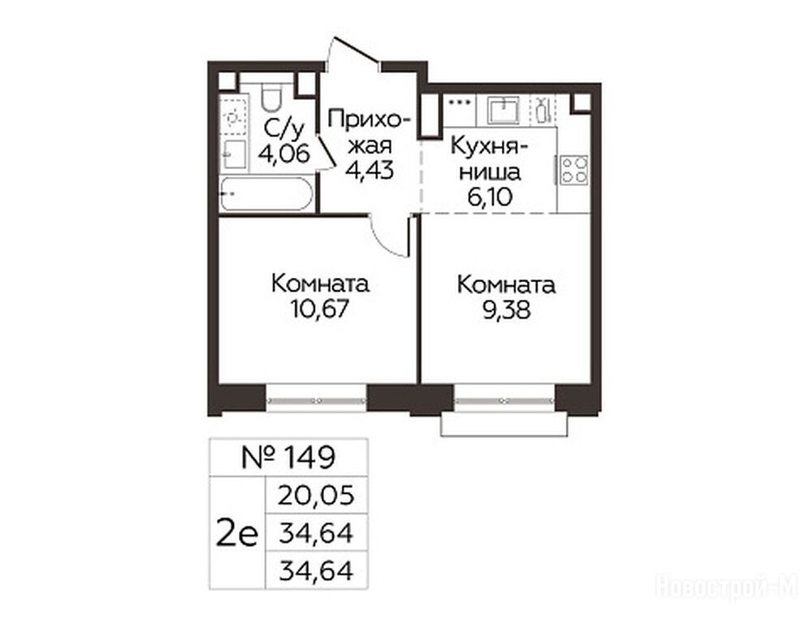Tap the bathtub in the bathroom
click(266, 193)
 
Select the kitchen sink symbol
click(504, 110)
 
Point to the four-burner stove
click(574, 171)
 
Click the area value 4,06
click(285, 154)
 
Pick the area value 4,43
click(370, 169)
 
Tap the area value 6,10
click(490, 197)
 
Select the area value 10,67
click(320, 309)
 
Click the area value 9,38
click(506, 310)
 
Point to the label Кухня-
click(489, 146)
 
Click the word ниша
click(490, 172)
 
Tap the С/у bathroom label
click(283, 128)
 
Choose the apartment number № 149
click(288, 457)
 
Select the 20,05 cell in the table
click(316, 496)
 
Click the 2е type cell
click(237, 534)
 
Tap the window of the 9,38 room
click(504, 401)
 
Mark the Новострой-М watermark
click(727, 587)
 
